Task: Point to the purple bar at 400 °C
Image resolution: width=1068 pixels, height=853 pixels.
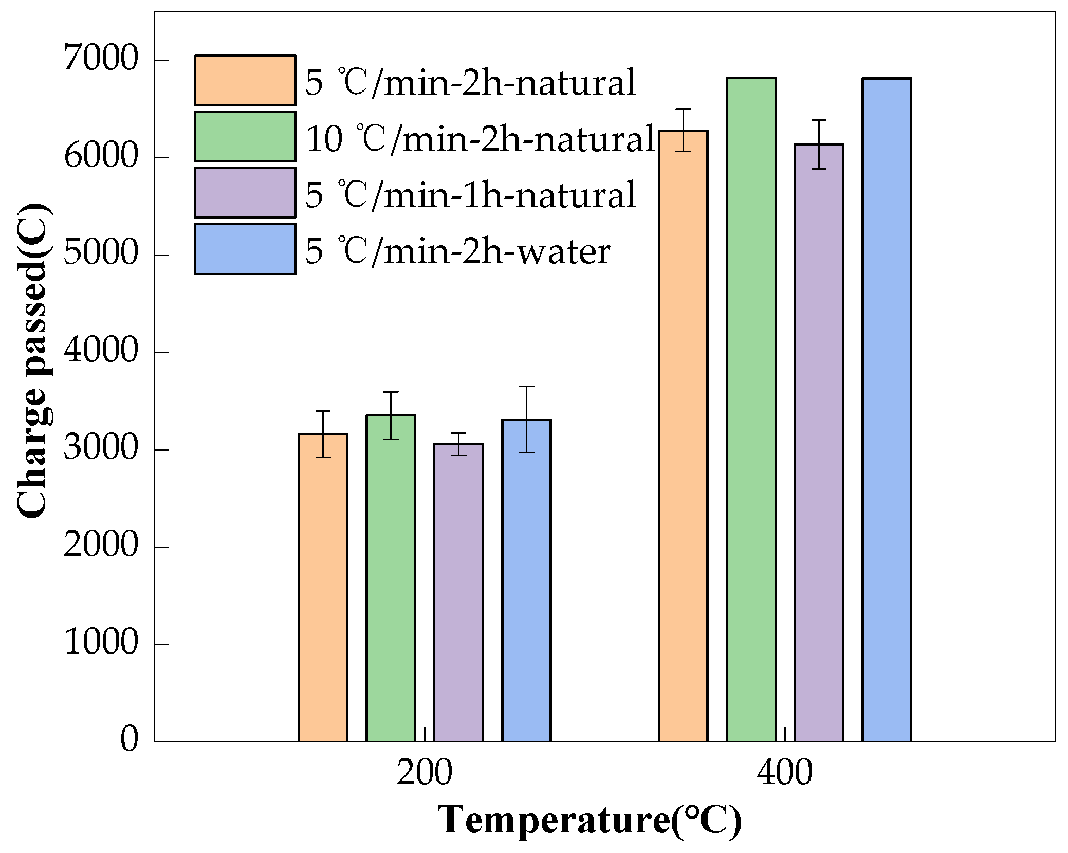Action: point(819,443)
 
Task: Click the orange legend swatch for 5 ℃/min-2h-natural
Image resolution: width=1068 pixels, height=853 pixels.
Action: point(245,80)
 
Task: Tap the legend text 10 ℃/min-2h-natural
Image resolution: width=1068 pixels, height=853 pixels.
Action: point(480,138)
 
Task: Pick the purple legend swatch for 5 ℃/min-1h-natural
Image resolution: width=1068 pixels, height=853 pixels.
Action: point(245,192)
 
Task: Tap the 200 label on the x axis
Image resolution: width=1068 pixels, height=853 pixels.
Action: point(424,772)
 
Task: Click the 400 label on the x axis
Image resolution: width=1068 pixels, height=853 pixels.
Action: point(784,772)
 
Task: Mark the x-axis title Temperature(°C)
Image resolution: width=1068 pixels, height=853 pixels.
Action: point(590,821)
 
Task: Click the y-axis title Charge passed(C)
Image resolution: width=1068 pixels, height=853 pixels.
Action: point(33,360)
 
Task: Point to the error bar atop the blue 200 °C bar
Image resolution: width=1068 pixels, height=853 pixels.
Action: point(526,419)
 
